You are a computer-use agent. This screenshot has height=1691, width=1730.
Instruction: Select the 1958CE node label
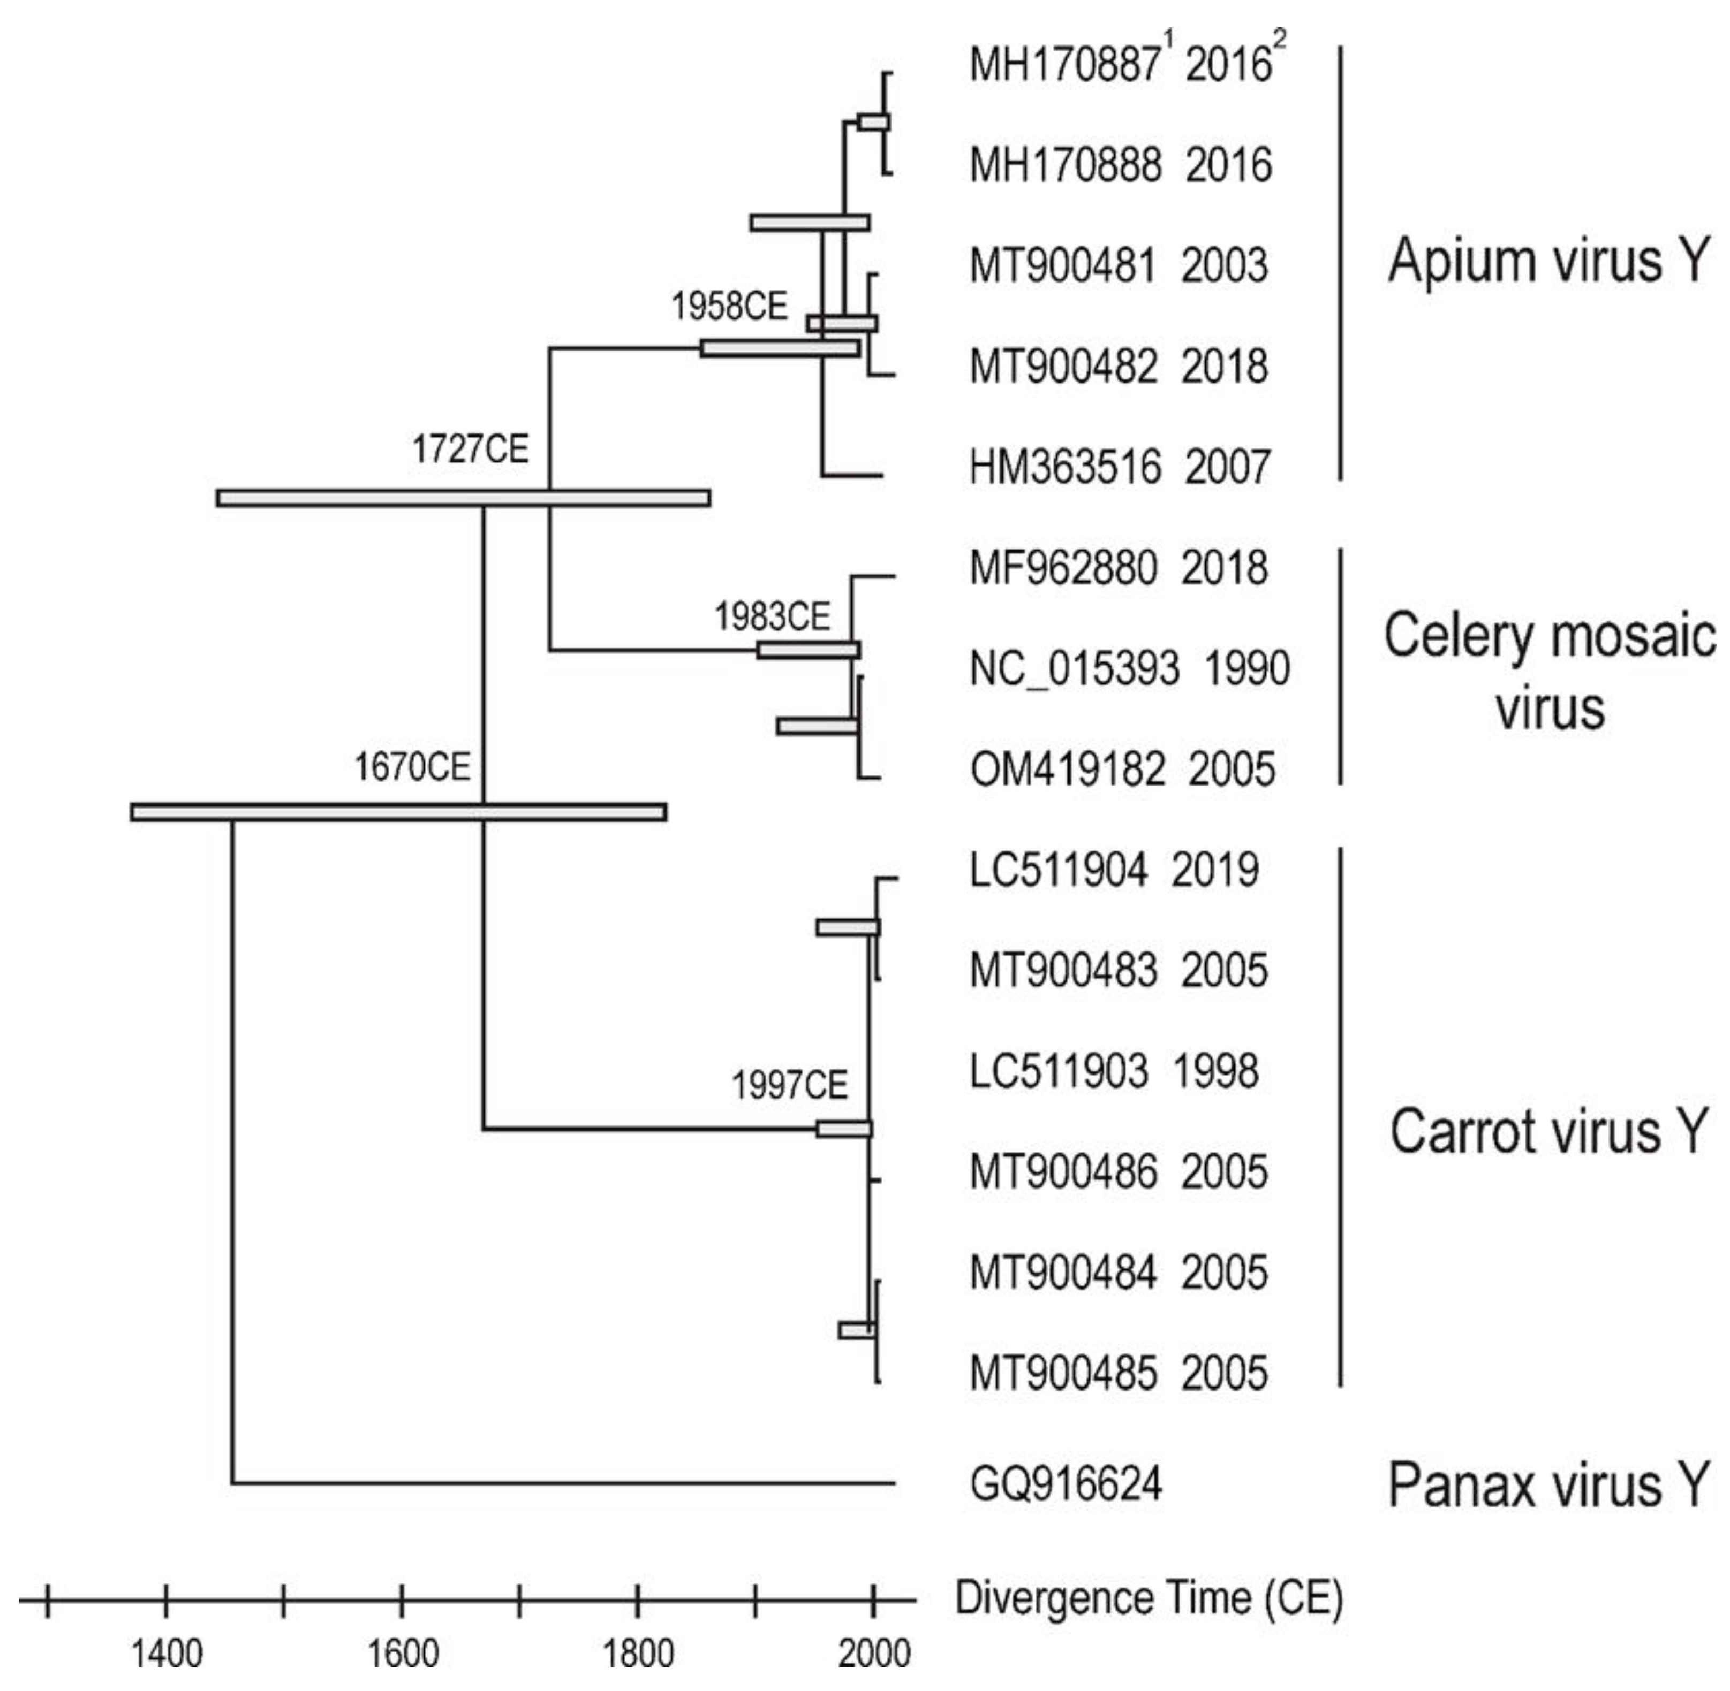(729, 307)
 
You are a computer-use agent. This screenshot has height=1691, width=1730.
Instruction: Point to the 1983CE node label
(771, 616)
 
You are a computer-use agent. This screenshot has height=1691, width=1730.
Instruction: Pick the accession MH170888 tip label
(1064, 165)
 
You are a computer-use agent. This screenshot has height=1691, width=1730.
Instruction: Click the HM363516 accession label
(1064, 467)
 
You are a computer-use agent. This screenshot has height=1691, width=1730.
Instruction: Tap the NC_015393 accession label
(1074, 669)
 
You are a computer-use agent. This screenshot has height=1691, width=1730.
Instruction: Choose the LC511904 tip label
(1057, 870)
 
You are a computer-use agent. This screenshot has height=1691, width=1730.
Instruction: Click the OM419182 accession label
(1066, 769)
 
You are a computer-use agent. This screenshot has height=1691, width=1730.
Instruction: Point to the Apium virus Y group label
(1548, 261)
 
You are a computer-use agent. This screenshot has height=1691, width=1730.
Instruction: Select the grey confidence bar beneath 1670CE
(398, 812)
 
